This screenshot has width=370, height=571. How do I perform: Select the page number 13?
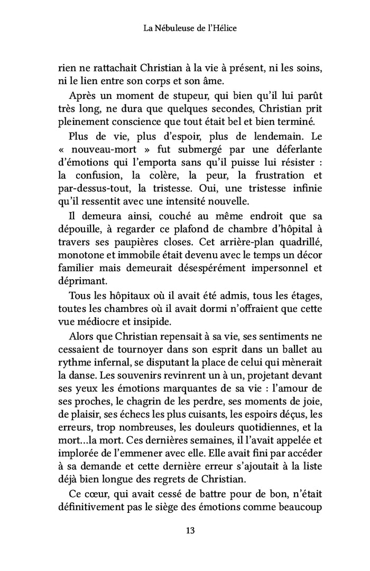(x=185, y=530)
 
